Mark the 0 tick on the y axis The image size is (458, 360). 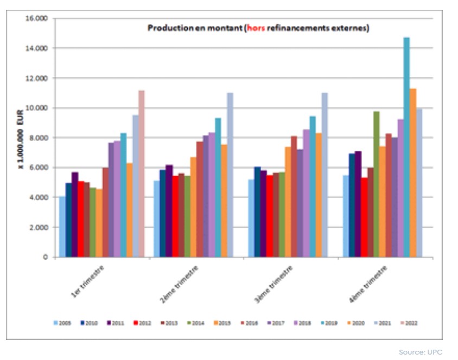point(47,257)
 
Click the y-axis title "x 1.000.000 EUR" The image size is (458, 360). point(19,138)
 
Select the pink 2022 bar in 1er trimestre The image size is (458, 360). point(141,173)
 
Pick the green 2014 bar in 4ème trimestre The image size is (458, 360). point(376,184)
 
